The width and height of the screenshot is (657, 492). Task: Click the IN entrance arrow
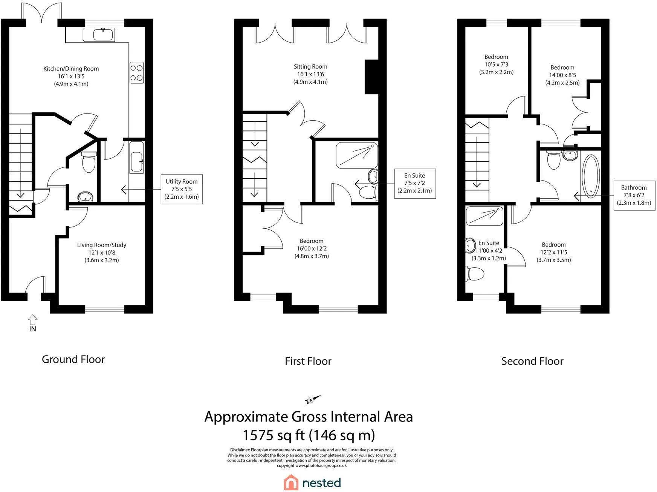pos(33,320)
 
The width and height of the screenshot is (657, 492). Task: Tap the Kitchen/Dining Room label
pos(71,69)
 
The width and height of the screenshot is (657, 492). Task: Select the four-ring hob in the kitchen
pos(136,73)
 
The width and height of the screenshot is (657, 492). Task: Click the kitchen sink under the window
pos(103,35)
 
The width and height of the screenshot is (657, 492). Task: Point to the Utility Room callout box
pos(182,189)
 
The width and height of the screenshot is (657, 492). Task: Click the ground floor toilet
pos(89,162)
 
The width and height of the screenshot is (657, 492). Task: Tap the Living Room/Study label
pos(102,245)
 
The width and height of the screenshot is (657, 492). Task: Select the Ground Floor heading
pos(73,359)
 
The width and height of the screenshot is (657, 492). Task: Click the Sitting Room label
pos(310,67)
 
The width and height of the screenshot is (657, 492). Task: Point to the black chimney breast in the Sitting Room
pos(371,77)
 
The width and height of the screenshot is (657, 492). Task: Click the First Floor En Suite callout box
pos(415,183)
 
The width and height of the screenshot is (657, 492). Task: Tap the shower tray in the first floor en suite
pos(356,155)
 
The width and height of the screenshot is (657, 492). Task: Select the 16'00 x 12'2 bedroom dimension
pos(312,248)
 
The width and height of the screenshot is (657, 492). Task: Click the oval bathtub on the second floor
pos(591,176)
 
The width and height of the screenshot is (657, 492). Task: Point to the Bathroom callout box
pos(634,195)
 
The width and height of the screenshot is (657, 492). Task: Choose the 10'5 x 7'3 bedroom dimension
pos(497,64)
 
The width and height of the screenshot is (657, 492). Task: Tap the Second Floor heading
pos(532,361)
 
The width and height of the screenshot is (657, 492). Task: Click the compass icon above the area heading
pos(312,400)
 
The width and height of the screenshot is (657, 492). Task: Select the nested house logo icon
pos(291,483)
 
